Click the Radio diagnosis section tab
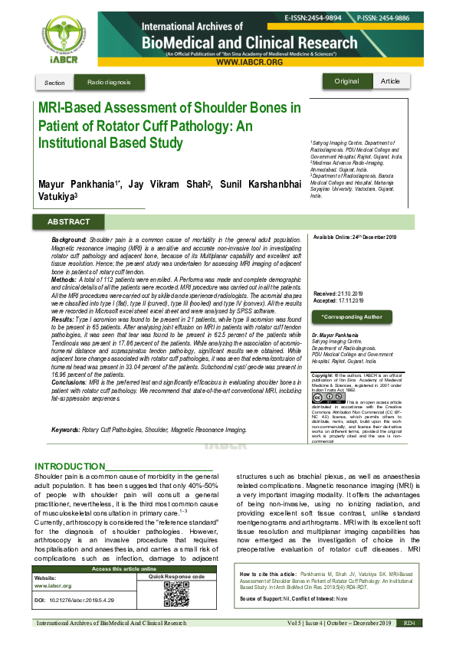[x=109, y=82]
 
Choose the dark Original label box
[x=346, y=81]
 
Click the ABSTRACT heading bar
[x=68, y=221]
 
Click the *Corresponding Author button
[x=351, y=316]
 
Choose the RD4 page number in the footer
[x=409, y=624]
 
